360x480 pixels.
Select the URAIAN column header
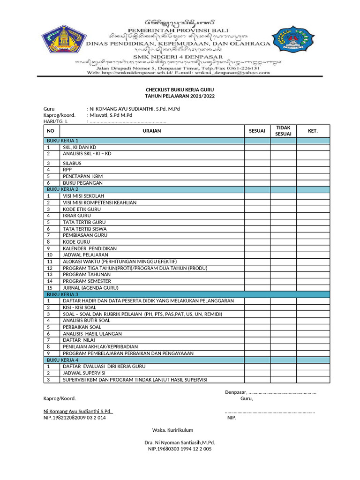point(151,131)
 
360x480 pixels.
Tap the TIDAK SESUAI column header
point(283,131)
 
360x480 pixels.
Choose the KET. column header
point(313,131)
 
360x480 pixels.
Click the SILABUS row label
point(72,163)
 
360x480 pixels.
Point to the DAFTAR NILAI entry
point(79,340)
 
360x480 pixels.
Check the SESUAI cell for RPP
point(256,170)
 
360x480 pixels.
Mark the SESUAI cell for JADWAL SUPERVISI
point(256,373)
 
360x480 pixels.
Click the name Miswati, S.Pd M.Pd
point(111,115)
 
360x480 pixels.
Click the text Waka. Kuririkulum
point(172,430)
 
